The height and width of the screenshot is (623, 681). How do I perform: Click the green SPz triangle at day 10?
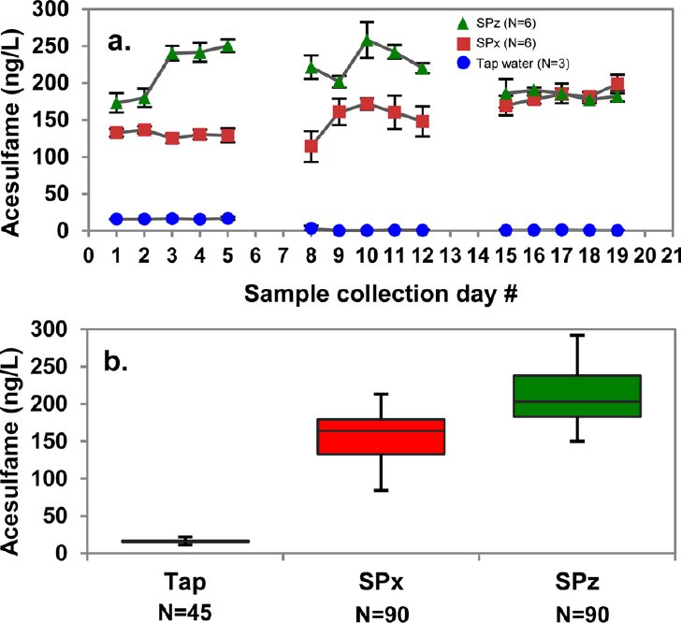(367, 40)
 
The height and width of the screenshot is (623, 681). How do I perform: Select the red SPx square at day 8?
(311, 147)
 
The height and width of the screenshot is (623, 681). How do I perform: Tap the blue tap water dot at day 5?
(227, 218)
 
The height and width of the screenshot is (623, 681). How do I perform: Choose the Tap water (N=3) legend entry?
(514, 64)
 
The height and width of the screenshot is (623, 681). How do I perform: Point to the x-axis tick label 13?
(450, 255)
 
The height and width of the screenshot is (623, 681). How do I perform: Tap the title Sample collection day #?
(381, 294)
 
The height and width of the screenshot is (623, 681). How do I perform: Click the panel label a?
(119, 42)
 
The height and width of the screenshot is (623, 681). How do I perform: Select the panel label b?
(116, 362)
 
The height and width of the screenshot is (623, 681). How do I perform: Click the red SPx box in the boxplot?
(381, 437)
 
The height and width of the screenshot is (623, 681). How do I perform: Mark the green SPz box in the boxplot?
(577, 396)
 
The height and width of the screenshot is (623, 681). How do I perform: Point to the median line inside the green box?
(577, 401)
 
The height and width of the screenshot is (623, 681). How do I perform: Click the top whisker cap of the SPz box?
(577, 336)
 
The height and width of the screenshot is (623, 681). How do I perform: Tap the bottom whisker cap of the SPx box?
(381, 490)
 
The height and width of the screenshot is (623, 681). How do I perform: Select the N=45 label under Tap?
(184, 613)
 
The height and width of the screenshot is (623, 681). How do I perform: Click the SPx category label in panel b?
(381, 583)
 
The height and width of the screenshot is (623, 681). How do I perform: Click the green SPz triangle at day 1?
(116, 103)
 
